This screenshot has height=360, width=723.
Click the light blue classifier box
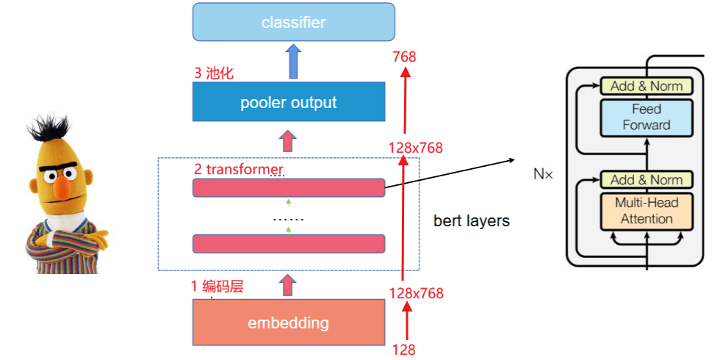point(294,21)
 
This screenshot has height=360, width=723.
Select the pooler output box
point(289,102)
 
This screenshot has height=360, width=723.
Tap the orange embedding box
point(289,323)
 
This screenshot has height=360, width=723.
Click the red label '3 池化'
point(214,73)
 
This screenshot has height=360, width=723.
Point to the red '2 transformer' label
point(240,169)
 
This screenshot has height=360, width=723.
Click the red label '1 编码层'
point(217,287)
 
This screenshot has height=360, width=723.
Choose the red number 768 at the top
point(404,57)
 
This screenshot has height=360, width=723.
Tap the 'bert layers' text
point(472,221)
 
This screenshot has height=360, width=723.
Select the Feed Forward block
point(647,117)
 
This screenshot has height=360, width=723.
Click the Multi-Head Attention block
point(647,211)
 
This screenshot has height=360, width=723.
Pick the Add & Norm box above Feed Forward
point(647,86)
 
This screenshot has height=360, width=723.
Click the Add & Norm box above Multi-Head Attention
point(647,179)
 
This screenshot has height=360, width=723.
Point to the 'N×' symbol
point(543,175)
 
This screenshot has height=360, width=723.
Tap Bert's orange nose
point(63,187)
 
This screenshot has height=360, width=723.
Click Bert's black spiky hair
point(49,126)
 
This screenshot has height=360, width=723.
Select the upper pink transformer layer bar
point(289,187)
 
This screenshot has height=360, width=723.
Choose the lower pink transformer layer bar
point(289,244)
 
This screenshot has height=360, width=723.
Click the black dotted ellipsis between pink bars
point(289,220)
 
